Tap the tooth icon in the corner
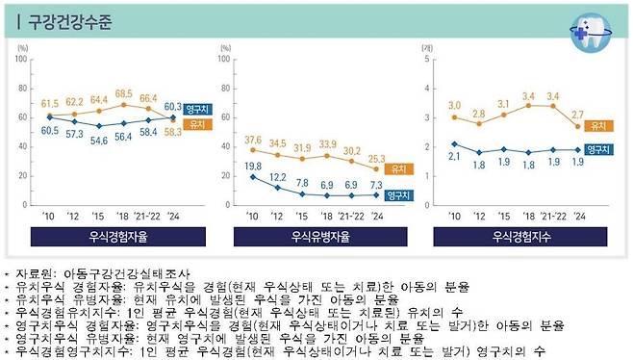click(590, 31)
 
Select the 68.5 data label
click(123, 93)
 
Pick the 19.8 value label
click(253, 167)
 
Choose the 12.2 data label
click(277, 177)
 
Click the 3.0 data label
click(453, 105)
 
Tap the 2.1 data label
click(453, 155)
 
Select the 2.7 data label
click(577, 115)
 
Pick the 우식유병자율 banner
click(312, 236)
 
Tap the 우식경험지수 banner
click(517, 236)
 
